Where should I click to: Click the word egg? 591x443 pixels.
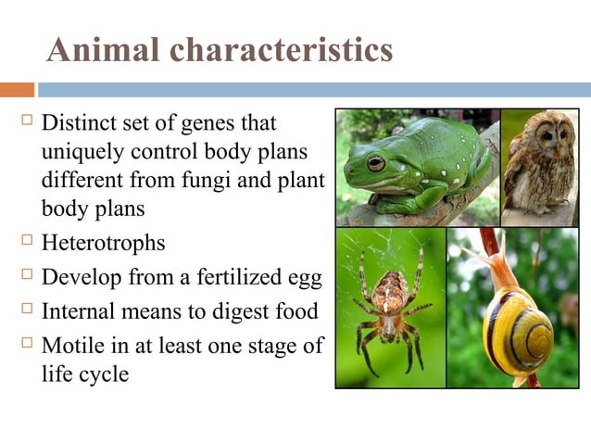(x=297, y=278)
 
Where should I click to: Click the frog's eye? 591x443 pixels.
(x=376, y=163)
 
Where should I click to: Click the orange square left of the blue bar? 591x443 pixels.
(x=17, y=90)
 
